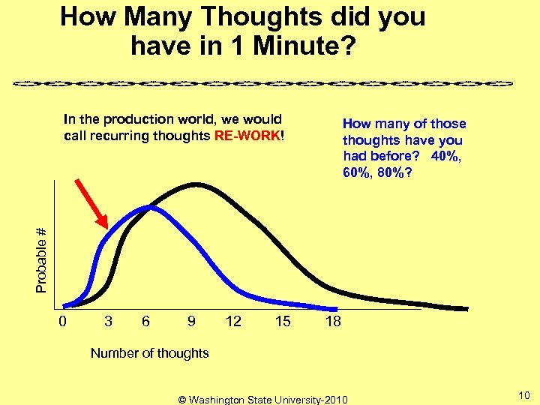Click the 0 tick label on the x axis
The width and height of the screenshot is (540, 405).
pyautogui.click(x=64, y=322)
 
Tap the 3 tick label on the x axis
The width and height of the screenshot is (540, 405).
pyautogui.click(x=109, y=322)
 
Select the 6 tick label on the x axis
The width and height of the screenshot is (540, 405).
pyautogui.click(x=145, y=322)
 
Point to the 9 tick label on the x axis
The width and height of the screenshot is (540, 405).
pyautogui.click(x=192, y=322)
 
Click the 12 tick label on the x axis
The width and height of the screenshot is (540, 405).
pyautogui.click(x=233, y=322)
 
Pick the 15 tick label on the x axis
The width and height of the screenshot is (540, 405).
pyautogui.click(x=283, y=322)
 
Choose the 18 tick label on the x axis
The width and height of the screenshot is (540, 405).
pyautogui.click(x=333, y=322)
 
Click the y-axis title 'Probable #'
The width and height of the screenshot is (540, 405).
pyautogui.click(x=43, y=259)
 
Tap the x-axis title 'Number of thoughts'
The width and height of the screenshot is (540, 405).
pyautogui.click(x=149, y=352)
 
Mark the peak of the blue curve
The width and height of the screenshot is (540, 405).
pyautogui.click(x=150, y=206)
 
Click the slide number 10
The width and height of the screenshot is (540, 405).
pyautogui.click(x=524, y=395)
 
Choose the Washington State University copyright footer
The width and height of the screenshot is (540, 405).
pyautogui.click(x=262, y=399)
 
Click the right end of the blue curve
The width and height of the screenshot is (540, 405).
pyautogui.click(x=336, y=309)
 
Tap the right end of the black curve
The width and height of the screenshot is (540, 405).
pyautogui.click(x=466, y=308)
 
